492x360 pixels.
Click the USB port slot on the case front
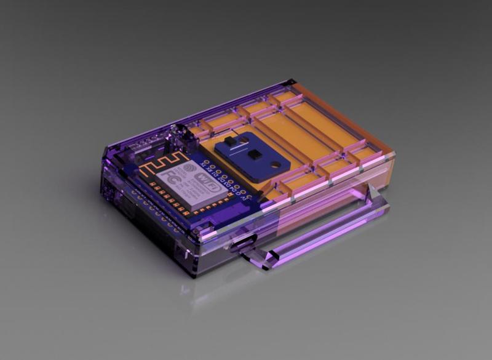tap(241, 242)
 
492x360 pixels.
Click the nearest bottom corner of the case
tap(196, 275)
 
